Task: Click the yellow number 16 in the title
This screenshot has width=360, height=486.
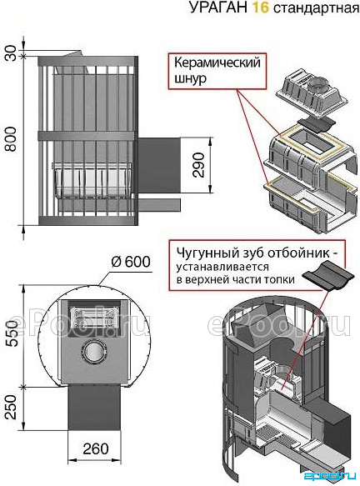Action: pyautogui.click(x=260, y=8)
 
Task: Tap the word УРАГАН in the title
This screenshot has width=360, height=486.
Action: pyautogui.click(x=218, y=8)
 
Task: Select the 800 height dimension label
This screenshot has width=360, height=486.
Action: pyautogui.click(x=12, y=138)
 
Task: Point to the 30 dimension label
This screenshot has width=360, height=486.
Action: pyautogui.click(x=11, y=53)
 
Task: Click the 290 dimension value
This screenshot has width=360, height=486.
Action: pyautogui.click(x=199, y=165)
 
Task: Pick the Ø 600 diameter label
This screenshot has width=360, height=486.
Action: pyautogui.click(x=131, y=262)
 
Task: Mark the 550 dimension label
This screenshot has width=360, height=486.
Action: pyautogui.click(x=12, y=333)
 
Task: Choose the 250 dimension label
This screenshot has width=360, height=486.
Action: pyautogui.click(x=12, y=407)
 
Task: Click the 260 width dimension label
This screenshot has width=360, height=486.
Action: pyautogui.click(x=96, y=448)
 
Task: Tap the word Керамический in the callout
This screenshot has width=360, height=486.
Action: pyautogui.click(x=217, y=63)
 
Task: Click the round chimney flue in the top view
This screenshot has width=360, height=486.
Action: pyautogui.click(x=93, y=352)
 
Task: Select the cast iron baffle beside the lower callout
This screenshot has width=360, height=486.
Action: pyautogui.click(x=327, y=277)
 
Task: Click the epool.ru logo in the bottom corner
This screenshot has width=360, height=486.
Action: pyautogui.click(x=330, y=475)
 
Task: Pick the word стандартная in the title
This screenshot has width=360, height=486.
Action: pyautogui.click(x=316, y=8)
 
